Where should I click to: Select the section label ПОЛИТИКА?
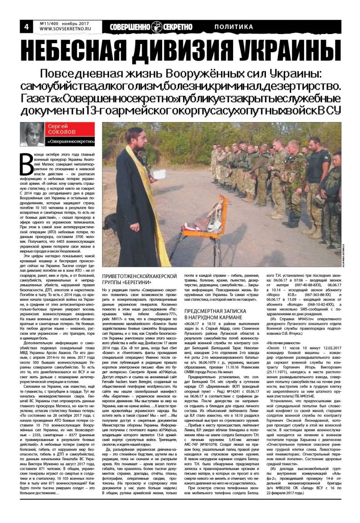click(x=234, y=27)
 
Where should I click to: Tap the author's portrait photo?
click(x=32, y=134)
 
